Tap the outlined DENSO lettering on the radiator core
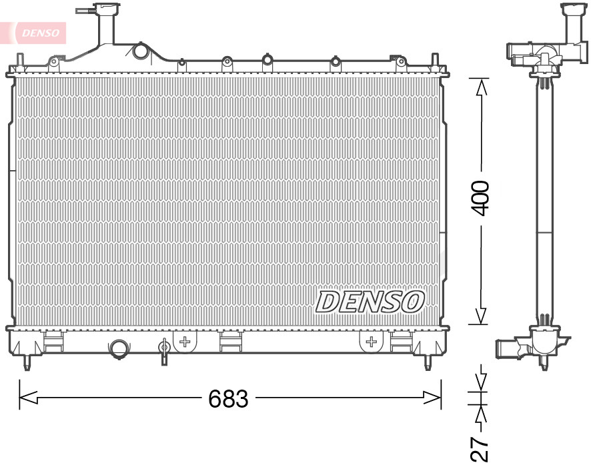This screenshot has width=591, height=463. [x=370, y=302]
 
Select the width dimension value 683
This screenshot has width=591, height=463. [x=228, y=398]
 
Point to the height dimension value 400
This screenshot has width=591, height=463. [x=480, y=197]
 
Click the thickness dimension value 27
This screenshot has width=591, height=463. [x=480, y=449]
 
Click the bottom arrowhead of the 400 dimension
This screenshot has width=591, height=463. [x=480, y=316]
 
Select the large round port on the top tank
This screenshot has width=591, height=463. [x=141, y=51]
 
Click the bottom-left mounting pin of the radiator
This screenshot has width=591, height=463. [x=27, y=364]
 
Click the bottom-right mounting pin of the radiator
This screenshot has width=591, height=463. [x=428, y=364]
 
